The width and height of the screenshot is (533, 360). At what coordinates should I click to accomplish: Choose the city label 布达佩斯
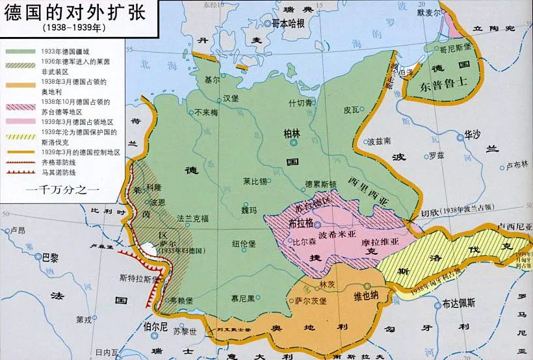tap(462, 303)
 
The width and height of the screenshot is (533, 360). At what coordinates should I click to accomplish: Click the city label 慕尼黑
tap(244, 298)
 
